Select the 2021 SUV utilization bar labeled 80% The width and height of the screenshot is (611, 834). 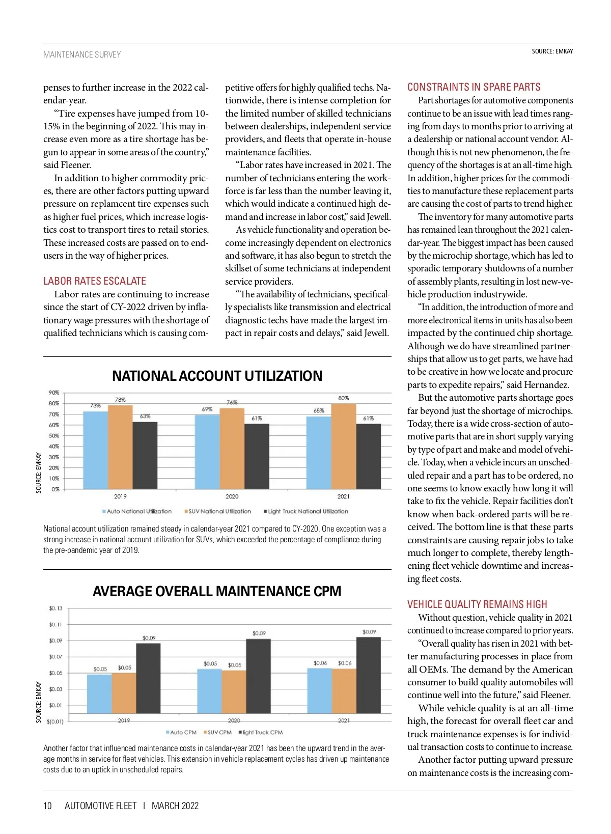(344, 446)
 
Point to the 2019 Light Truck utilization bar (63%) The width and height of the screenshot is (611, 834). (145, 455)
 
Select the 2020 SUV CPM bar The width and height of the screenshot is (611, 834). (234, 696)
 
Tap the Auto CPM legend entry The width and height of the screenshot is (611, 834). (181, 732)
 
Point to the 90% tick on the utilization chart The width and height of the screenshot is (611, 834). (54, 393)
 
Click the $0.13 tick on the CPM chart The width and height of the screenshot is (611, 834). (55, 608)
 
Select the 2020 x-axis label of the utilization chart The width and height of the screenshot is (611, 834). (232, 496)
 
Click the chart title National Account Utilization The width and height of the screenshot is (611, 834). (217, 376)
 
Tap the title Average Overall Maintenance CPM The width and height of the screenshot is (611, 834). (217, 591)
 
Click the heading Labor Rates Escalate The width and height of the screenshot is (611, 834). (95, 281)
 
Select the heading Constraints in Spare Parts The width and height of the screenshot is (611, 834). (474, 87)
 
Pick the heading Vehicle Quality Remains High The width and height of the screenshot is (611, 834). (477, 604)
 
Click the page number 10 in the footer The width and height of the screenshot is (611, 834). (48, 805)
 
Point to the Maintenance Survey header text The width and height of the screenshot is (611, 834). (82, 54)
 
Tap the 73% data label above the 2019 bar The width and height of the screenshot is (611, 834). (95, 406)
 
